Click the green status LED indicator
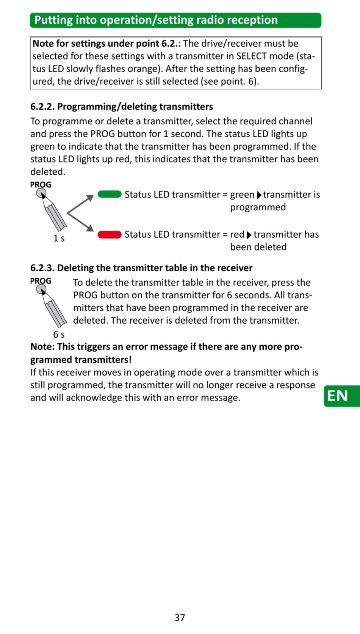110,194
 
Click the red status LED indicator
110,235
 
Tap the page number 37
180,618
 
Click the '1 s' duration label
59,238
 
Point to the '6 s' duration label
59,335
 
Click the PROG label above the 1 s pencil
41,185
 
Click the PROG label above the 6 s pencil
41,281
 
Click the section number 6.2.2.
42,107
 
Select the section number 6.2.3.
42,268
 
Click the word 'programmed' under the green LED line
258,207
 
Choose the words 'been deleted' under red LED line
258,247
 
